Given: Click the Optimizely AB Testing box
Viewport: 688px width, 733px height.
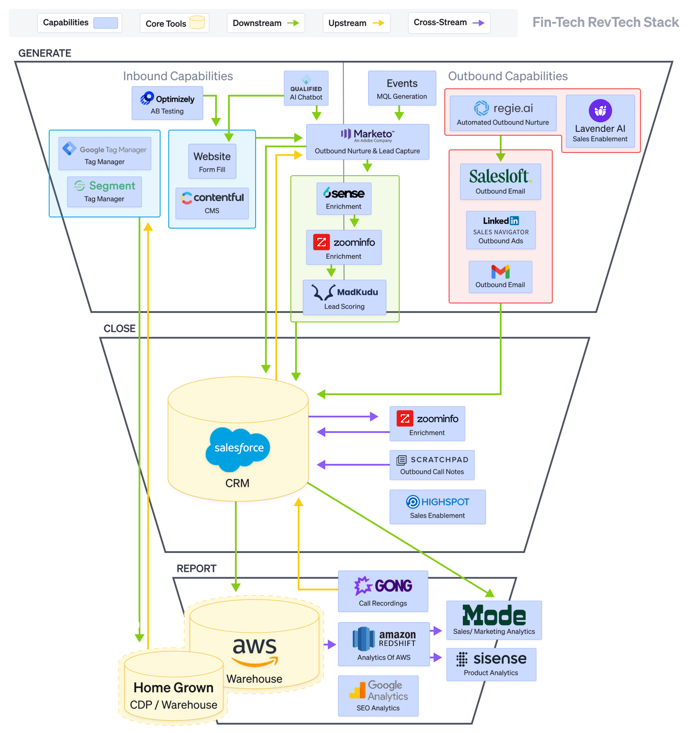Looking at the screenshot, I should (167, 103).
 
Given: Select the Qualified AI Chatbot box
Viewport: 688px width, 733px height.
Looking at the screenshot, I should (306, 88).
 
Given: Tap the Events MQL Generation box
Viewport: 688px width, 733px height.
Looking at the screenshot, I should (402, 88).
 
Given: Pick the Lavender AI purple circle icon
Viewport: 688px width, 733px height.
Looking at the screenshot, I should (600, 110).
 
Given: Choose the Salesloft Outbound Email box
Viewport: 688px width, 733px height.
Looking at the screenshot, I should (500, 181).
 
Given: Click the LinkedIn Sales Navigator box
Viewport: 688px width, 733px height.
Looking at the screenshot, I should (501, 230).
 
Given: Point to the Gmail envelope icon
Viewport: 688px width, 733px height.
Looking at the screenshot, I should (500, 272).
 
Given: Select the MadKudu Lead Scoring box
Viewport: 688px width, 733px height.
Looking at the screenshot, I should (344, 297).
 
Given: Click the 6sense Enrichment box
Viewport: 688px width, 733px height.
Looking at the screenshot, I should (343, 198).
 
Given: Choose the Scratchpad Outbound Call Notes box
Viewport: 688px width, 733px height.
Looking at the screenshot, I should (431, 465).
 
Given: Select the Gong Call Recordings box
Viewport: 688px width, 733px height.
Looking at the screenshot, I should (383, 591).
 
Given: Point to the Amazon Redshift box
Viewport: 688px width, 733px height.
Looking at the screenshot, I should (383, 644).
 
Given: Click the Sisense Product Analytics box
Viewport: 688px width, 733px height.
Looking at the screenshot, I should (491, 664).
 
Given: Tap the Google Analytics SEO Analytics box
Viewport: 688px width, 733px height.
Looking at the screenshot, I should (378, 696).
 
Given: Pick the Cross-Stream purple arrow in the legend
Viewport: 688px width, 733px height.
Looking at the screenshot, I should (478, 23).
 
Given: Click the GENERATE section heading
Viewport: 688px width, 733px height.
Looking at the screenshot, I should (45, 53).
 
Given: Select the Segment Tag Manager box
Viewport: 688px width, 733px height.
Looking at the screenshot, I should (104, 192).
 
